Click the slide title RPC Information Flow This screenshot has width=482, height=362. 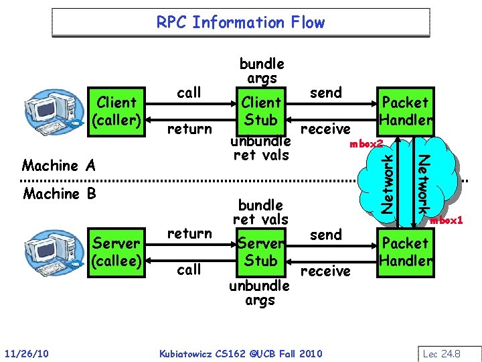tap(240, 22)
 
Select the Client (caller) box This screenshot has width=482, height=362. tap(117, 111)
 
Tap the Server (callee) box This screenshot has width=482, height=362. tap(117, 251)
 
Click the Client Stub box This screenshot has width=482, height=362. tap(261, 111)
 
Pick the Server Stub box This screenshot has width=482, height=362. tap(261, 251)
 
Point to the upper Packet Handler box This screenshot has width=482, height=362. tap(405, 111)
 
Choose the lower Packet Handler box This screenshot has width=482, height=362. tap(405, 251)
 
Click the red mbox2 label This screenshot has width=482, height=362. tap(366, 143)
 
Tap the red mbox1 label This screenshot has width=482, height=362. tap(447, 220)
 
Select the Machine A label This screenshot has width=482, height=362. tap(59, 165)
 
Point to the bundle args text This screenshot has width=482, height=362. tap(262, 71)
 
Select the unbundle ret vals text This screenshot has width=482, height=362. tap(260, 148)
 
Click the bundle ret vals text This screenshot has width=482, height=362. tap(260, 212)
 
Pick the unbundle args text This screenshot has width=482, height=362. tap(260, 293)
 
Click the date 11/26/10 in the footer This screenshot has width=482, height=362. tap(25, 353)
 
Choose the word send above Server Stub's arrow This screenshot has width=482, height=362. tap(326, 235)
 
